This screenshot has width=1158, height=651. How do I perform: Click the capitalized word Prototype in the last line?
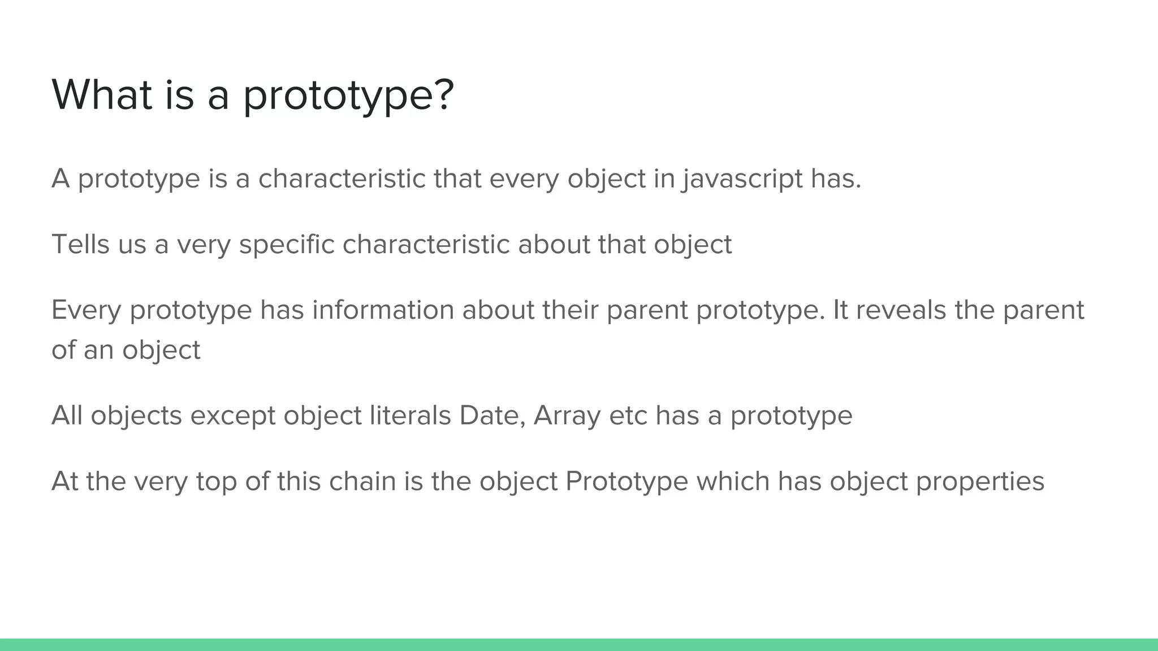(x=626, y=481)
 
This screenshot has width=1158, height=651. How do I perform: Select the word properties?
(x=980, y=481)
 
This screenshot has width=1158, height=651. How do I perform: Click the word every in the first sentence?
(x=524, y=179)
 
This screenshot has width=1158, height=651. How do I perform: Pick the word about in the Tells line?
(x=554, y=245)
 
